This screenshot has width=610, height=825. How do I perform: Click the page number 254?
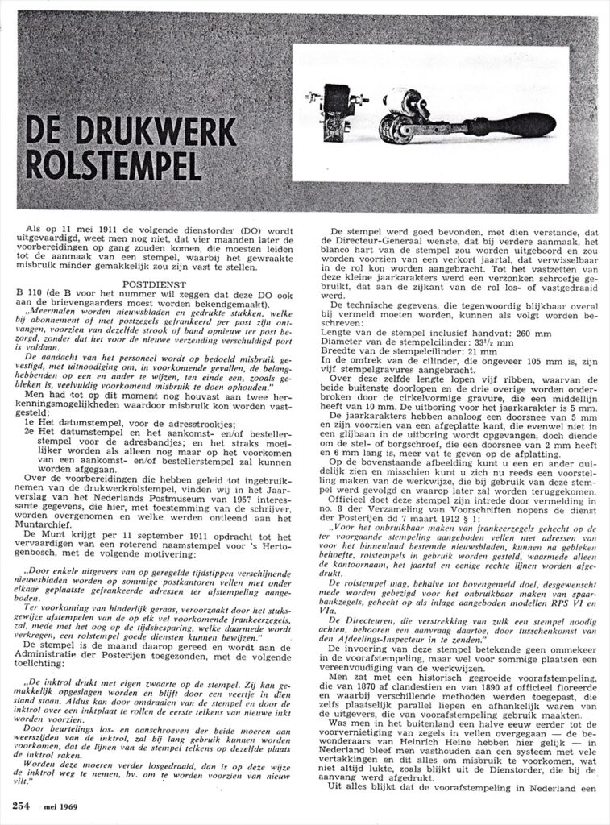(21, 806)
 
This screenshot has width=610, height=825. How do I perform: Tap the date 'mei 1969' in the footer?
(60, 807)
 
